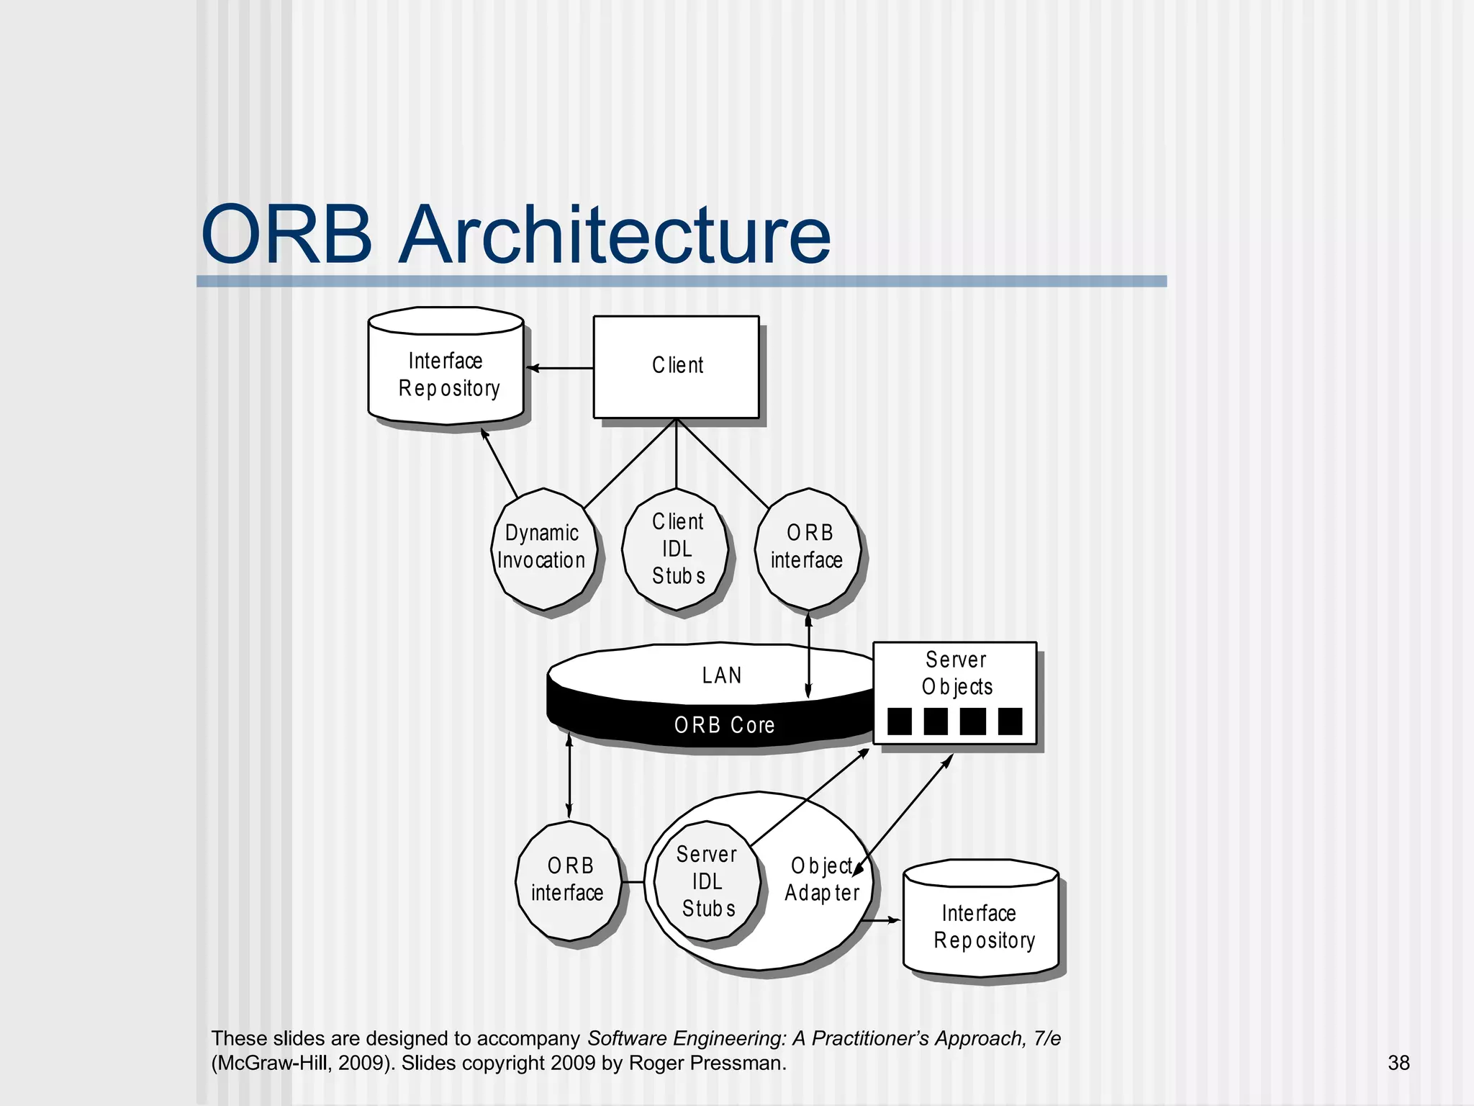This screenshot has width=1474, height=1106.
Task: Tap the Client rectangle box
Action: (x=676, y=366)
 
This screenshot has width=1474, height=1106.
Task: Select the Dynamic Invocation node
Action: (x=543, y=549)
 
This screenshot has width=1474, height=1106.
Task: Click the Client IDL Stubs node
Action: (x=676, y=549)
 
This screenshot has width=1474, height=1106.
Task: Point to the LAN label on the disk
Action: (x=721, y=675)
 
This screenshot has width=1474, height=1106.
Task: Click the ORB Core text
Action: (x=724, y=725)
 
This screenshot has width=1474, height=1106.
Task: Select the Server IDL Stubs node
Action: (x=707, y=881)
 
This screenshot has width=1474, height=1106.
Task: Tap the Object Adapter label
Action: (x=822, y=880)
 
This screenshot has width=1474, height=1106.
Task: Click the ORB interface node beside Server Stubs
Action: (x=569, y=880)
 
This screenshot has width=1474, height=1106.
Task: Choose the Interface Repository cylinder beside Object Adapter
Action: (x=982, y=925)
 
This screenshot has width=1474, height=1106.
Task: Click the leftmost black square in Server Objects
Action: (x=900, y=721)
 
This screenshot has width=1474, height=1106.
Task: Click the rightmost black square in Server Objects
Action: (x=1010, y=721)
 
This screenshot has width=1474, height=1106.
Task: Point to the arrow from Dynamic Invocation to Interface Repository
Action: (x=499, y=462)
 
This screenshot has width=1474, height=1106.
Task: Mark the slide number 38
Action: (x=1398, y=1063)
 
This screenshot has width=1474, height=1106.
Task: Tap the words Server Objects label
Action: (x=957, y=673)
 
